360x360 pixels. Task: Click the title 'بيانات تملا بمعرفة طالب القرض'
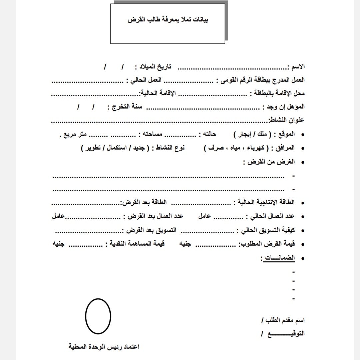169,20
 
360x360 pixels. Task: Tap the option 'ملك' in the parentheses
261,134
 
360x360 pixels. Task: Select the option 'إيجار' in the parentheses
246,134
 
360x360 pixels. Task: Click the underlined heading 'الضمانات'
278,258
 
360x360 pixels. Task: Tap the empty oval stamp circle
98,315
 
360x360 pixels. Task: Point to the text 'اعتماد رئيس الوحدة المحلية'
104,347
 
